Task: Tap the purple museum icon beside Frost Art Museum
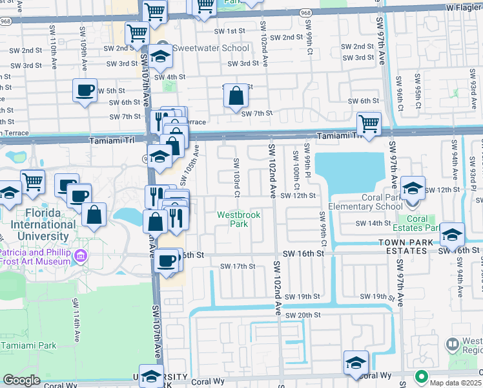81,257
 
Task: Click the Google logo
21,380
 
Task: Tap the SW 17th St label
238,266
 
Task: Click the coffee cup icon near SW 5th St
84,91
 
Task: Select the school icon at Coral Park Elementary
412,188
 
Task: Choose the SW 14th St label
374,223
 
